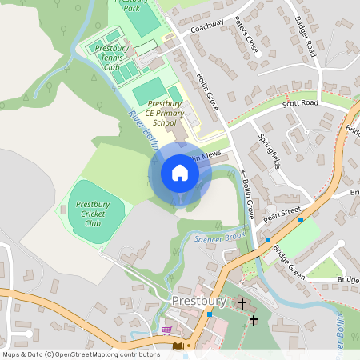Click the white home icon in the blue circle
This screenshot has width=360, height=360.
[x=180, y=173]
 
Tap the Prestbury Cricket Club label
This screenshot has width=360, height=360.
[x=93, y=214]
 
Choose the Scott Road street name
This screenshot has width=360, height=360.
[x=300, y=103]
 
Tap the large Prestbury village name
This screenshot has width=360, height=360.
[x=199, y=301]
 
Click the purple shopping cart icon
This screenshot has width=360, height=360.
[x=166, y=330]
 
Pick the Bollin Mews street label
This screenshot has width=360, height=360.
[x=204, y=154]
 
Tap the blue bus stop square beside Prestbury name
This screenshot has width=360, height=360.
[x=210, y=314]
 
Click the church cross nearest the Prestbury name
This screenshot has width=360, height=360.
[x=242, y=304]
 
